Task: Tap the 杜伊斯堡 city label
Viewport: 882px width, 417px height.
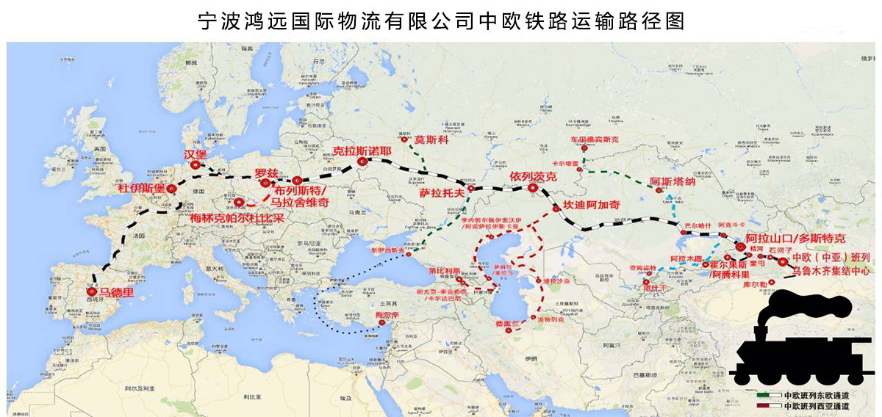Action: click(x=141, y=189)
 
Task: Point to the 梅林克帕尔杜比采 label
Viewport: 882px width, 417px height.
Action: click(x=237, y=217)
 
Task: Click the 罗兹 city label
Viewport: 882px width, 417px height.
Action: click(x=266, y=173)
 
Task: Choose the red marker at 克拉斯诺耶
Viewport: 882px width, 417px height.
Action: click(x=362, y=162)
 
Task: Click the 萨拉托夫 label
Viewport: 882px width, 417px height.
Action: click(x=441, y=193)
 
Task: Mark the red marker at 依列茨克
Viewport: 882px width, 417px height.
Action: click(x=533, y=188)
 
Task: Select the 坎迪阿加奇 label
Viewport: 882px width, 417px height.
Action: click(x=592, y=205)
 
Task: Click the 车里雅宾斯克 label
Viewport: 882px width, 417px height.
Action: click(x=595, y=138)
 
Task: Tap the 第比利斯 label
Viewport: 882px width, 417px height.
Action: click(x=444, y=271)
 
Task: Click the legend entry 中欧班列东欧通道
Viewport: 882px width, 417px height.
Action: click(x=816, y=395)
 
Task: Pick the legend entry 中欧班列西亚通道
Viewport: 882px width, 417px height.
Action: click(x=816, y=405)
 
